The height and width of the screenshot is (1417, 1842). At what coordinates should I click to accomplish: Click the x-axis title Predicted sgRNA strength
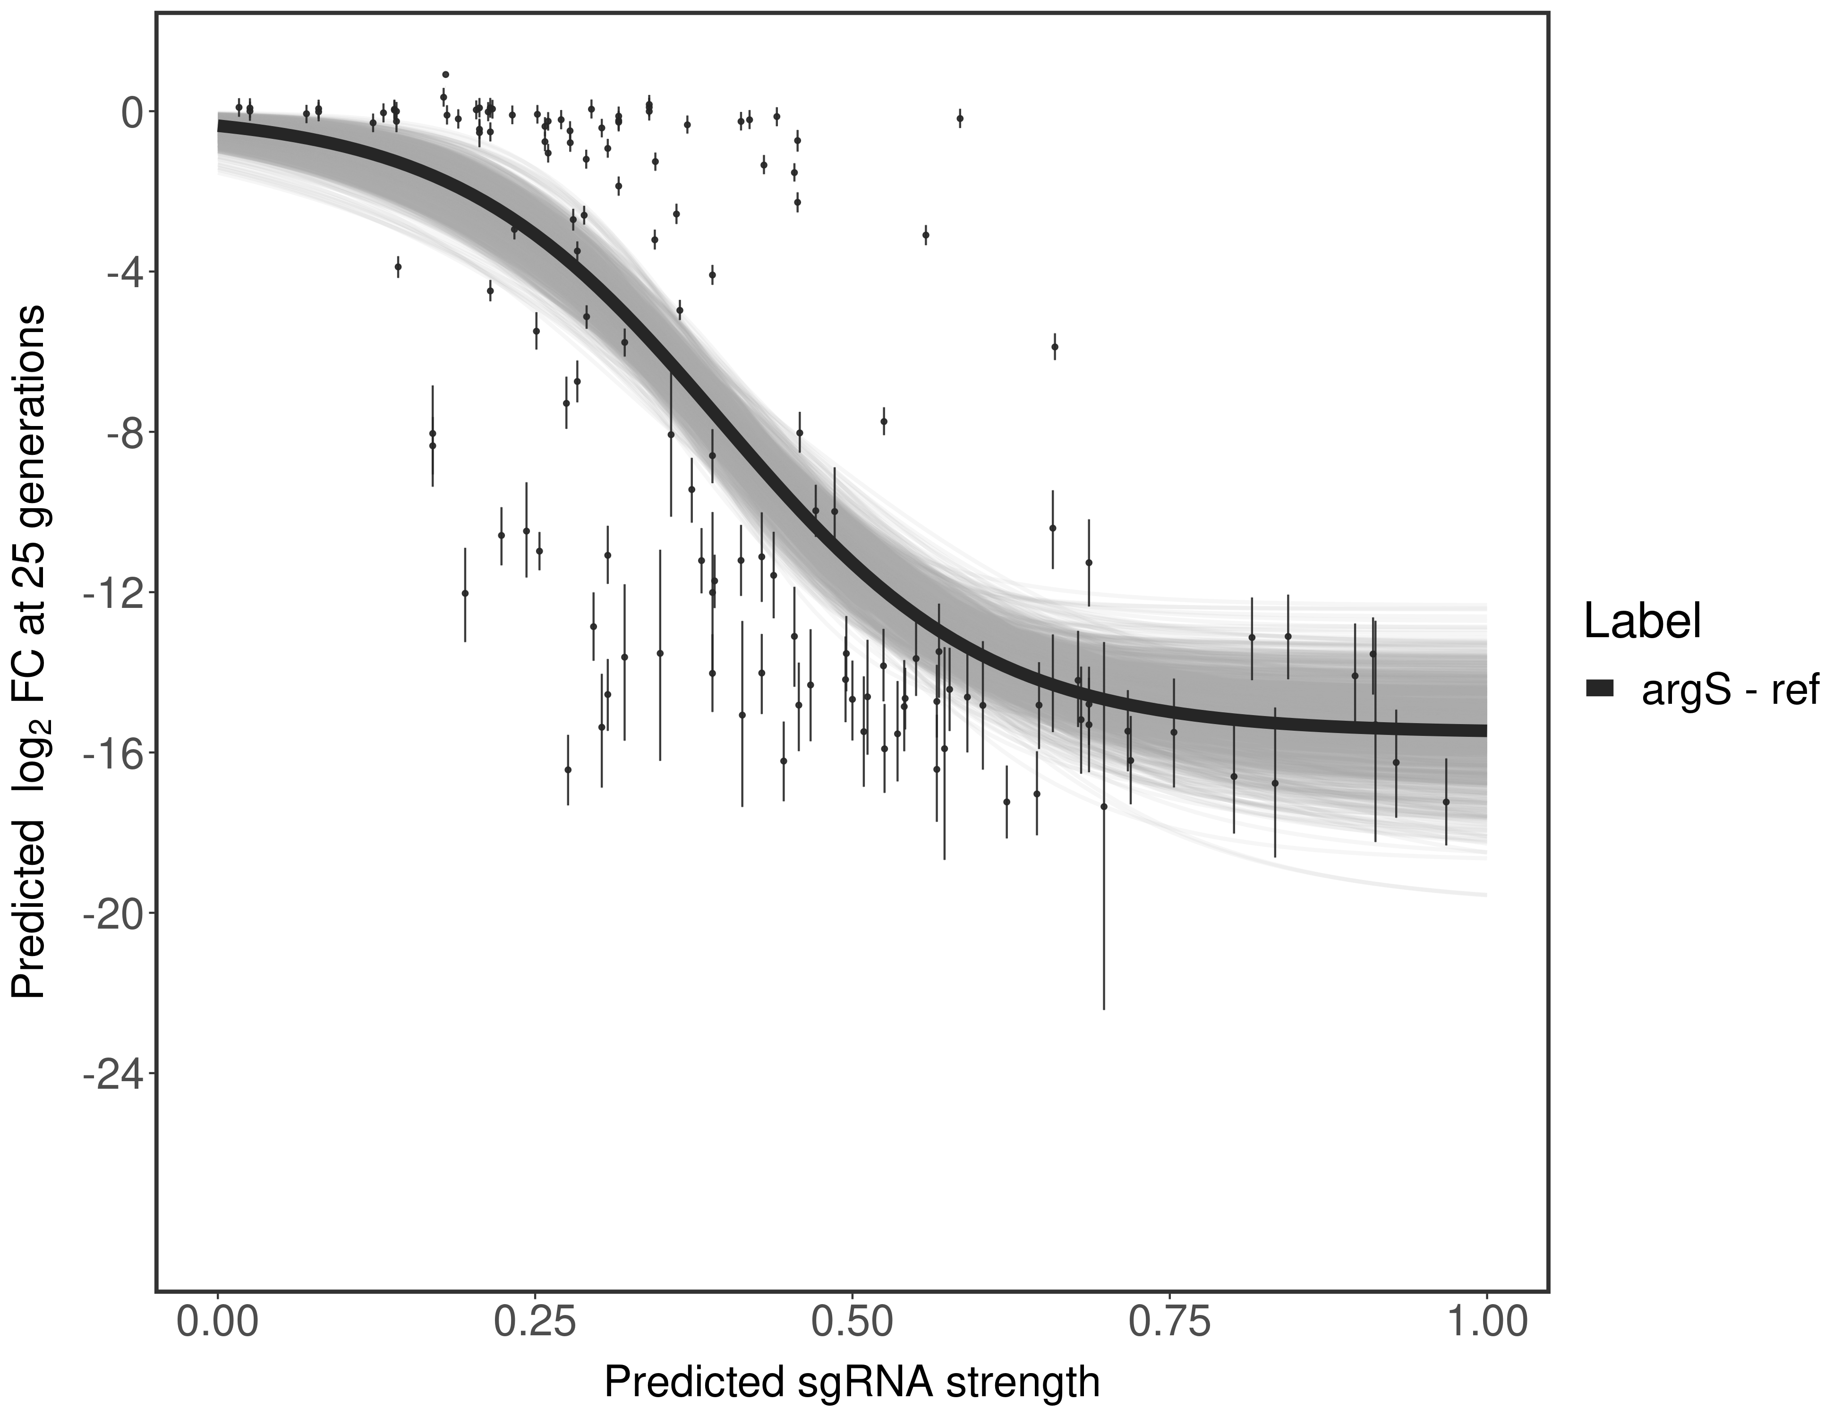tap(852, 1383)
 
